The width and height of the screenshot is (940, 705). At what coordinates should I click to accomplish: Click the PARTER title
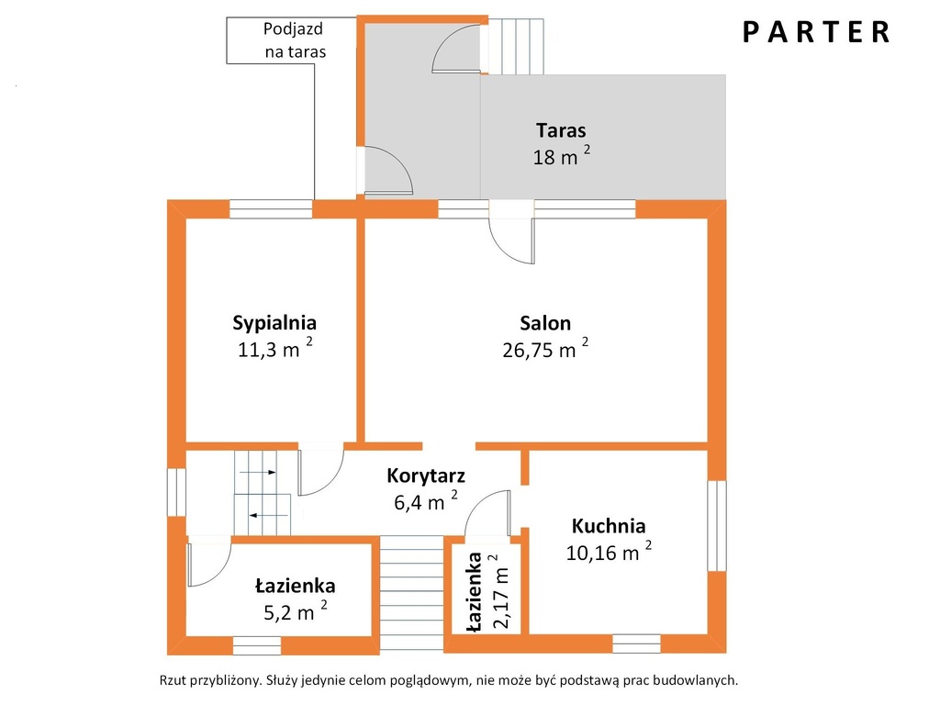[x=816, y=32]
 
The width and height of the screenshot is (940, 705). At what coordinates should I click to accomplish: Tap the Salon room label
[x=545, y=323]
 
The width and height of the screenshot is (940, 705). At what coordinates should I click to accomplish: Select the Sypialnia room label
[x=274, y=323]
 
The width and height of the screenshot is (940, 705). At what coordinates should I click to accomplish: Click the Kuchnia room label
[x=609, y=526]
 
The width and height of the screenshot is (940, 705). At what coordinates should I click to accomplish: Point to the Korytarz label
[x=426, y=476]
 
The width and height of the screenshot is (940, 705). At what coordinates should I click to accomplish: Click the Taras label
[x=561, y=130]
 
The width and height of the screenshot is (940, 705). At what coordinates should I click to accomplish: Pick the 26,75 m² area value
[x=545, y=348]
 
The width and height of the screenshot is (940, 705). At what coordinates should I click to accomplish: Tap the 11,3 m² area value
[x=275, y=348]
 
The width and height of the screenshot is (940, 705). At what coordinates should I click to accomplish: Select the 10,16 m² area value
[x=610, y=551]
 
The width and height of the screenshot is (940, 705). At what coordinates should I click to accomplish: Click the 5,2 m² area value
[x=296, y=610]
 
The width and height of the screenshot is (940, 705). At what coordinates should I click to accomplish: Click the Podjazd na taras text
[x=295, y=40]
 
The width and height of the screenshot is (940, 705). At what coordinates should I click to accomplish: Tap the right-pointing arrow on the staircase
[x=258, y=473]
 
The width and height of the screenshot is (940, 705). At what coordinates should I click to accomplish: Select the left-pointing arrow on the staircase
[x=268, y=515]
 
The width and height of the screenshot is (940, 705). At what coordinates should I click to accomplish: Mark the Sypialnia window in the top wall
[x=271, y=208]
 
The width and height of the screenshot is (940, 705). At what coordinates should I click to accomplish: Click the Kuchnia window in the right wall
[x=717, y=526]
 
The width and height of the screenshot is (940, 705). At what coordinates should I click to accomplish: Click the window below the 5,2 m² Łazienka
[x=257, y=645]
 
